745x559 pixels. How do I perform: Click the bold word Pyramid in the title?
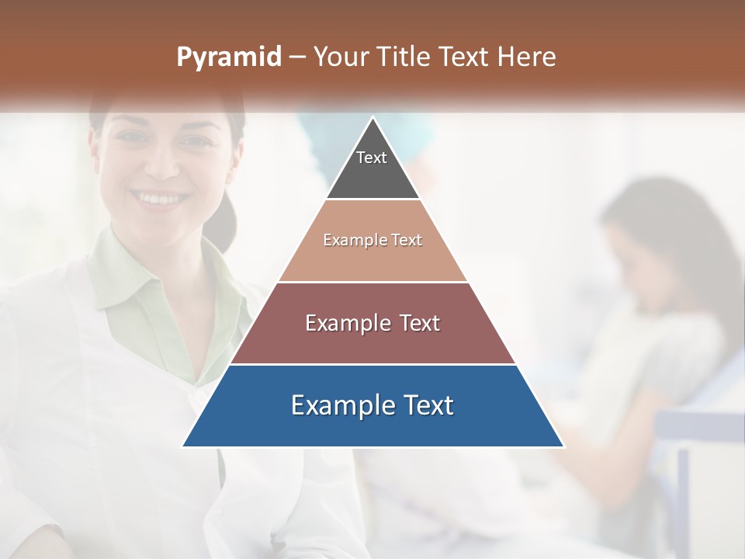pos(229,57)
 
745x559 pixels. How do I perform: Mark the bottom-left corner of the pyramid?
pos(184,446)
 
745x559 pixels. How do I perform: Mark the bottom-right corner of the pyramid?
pos(563,446)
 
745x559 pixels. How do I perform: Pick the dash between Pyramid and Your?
pos(297,57)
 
